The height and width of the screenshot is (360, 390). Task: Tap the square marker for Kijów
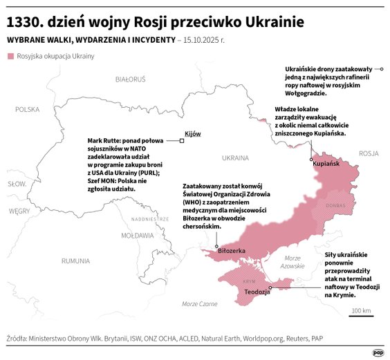pyautogui.click(x=181, y=141)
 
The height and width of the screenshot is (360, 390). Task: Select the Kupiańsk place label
pyautogui.click(x=326, y=164)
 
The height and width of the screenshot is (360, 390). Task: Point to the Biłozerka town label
pyautogui.click(x=232, y=250)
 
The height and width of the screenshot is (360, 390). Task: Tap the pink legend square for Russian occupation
pyautogui.click(x=10, y=56)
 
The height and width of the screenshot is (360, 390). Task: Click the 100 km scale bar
pyautogui.click(x=360, y=315)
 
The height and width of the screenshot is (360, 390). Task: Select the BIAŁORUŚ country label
pyautogui.click(x=131, y=79)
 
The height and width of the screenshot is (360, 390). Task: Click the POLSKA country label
pyautogui.click(x=28, y=109)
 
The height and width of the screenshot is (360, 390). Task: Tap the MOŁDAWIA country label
pyautogui.click(x=137, y=236)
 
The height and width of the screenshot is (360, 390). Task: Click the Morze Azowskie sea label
pyautogui.click(x=293, y=261)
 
